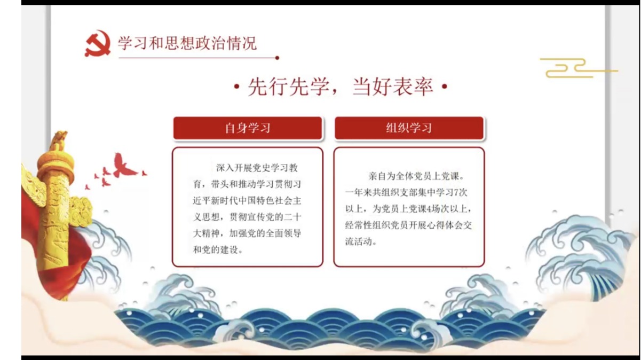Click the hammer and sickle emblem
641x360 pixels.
98,44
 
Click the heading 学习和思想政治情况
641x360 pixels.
187,43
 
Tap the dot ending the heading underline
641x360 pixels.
277,58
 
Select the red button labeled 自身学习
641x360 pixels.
248,128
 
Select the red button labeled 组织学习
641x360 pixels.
409,128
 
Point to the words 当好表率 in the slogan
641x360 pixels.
393,87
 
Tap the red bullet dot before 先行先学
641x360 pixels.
236,86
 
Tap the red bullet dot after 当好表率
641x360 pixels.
445,86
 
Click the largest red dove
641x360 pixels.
124,167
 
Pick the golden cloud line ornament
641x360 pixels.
579,68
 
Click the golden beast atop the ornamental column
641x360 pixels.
59,140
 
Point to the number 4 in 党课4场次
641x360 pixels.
429,209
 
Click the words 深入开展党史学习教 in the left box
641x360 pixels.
257,168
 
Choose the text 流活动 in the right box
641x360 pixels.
359,242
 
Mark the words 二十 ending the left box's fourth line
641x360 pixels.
292,217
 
